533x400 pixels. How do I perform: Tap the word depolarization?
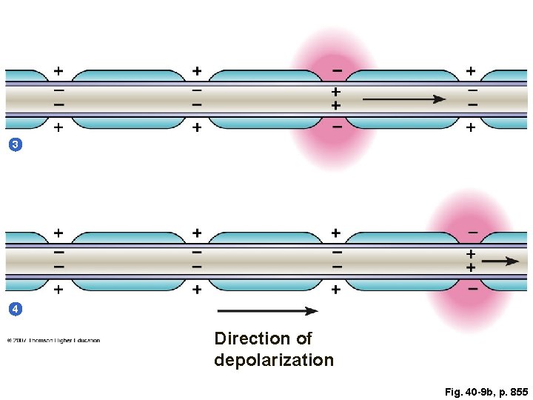(x=274, y=360)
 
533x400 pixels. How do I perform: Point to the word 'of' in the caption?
(x=304, y=339)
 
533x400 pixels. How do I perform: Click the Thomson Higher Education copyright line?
(x=53, y=341)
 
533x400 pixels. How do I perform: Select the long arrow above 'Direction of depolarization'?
(x=267, y=311)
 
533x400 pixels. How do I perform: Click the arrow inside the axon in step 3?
(x=404, y=99)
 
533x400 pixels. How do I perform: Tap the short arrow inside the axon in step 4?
(x=500, y=261)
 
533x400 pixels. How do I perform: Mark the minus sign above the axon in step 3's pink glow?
(x=337, y=71)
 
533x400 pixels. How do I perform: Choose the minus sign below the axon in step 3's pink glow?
(x=337, y=127)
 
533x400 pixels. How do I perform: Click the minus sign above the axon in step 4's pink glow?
(x=472, y=233)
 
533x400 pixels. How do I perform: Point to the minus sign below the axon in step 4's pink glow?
(x=472, y=290)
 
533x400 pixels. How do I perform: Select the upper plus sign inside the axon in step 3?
(x=335, y=92)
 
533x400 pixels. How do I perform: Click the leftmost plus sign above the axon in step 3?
(x=58, y=71)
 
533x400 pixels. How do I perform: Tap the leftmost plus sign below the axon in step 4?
(x=58, y=290)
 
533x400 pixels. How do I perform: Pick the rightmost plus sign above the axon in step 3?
(x=471, y=71)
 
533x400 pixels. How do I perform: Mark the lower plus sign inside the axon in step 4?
(x=471, y=267)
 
